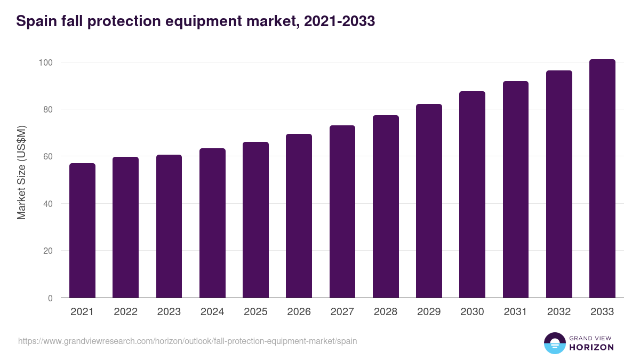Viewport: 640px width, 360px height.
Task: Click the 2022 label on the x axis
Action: (x=125, y=312)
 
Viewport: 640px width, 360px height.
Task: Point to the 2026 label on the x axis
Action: (x=299, y=312)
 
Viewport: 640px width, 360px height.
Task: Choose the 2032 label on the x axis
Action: (x=559, y=312)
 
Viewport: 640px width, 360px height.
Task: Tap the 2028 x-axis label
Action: (x=386, y=312)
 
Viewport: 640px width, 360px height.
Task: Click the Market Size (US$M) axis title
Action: (x=21, y=172)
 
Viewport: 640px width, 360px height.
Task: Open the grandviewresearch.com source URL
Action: (x=187, y=341)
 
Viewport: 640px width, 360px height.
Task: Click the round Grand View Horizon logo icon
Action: (x=554, y=343)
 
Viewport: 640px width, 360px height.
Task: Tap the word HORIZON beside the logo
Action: (x=591, y=347)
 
